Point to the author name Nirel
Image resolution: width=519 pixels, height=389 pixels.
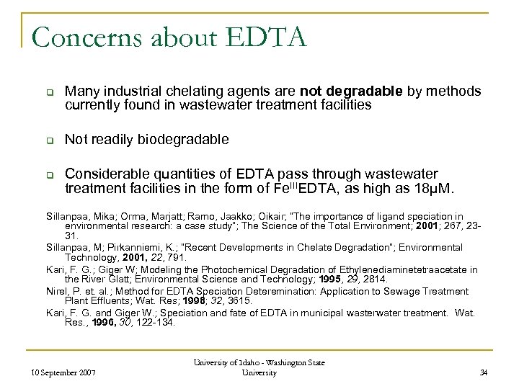(x=39, y=291)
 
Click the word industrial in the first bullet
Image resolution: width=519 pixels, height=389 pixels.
(x=140, y=91)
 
